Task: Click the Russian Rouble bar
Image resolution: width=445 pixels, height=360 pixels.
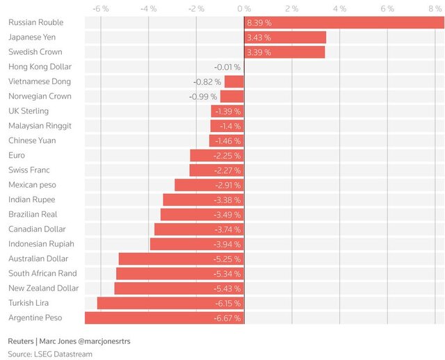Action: tap(344, 23)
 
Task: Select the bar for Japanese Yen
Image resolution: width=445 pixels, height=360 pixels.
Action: tap(285, 38)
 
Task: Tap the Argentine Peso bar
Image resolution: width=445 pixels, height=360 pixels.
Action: tap(164, 318)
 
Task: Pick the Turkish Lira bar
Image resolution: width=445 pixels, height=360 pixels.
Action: tap(170, 303)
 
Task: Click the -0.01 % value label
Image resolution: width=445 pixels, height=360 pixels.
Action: tap(227, 67)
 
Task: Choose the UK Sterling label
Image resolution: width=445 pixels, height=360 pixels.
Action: tap(29, 111)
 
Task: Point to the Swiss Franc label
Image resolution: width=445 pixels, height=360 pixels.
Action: tap(29, 170)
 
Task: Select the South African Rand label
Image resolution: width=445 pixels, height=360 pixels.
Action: tap(43, 273)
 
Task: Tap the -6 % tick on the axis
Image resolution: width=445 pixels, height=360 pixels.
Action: tap(101, 8)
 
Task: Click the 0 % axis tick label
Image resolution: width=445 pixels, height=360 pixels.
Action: tap(244, 8)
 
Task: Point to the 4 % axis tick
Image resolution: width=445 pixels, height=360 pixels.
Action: tap(340, 8)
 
